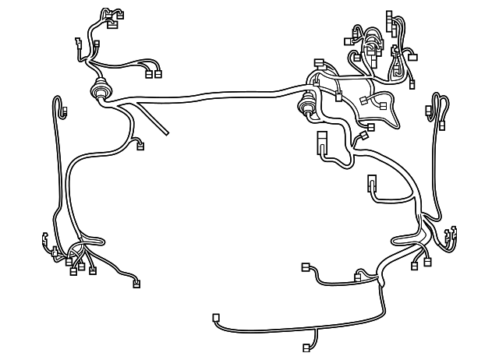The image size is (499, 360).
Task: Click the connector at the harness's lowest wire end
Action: pyautogui.click(x=306, y=348)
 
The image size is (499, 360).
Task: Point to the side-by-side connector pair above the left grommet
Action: pyautogui.click(x=153, y=75)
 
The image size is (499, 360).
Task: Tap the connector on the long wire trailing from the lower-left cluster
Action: pyautogui.click(x=138, y=282)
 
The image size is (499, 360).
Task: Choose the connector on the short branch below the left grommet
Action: pyautogui.click(x=140, y=144)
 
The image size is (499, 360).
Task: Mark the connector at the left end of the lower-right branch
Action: pyautogui.click(x=306, y=267)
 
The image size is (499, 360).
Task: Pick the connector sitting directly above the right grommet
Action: pyautogui.click(x=318, y=62)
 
